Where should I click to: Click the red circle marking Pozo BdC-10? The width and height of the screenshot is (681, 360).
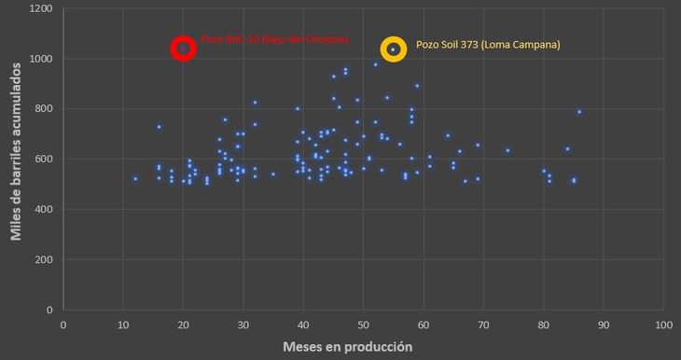click(184, 48)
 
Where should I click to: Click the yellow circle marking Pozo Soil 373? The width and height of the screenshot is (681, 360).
click(394, 49)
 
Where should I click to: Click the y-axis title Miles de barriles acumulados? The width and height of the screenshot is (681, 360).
click(16, 159)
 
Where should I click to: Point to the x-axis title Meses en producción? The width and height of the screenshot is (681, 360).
click(347, 346)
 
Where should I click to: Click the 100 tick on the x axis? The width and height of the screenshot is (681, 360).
click(663, 325)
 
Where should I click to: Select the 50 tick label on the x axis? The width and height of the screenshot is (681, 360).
click(364, 325)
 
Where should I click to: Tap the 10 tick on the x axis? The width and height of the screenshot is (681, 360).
click(123, 325)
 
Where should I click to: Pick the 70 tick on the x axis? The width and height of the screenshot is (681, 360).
click(484, 325)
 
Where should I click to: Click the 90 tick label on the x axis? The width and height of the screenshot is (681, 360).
click(605, 325)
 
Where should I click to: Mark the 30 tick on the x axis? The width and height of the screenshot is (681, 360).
click(243, 325)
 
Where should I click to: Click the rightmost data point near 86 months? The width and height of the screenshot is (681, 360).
click(579, 112)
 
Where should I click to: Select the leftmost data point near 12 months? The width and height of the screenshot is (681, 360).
click(135, 179)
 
